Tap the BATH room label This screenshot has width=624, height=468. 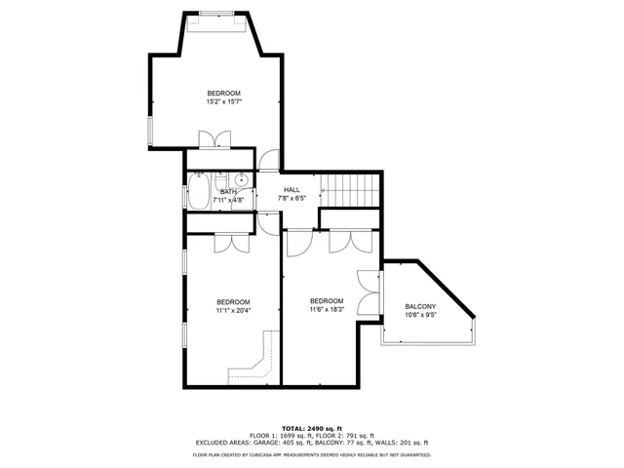tap(228, 192)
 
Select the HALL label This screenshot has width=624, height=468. tap(292, 189)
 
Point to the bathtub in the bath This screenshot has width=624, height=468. tap(198, 191)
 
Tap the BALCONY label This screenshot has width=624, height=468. tap(421, 306)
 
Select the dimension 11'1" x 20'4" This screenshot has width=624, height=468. tap(233, 311)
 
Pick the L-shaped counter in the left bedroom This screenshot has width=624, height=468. tap(254, 363)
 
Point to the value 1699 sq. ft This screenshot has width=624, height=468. tap(290, 435)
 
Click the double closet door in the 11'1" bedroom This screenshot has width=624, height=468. tap(226, 244)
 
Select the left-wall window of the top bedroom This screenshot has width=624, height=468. tap(149, 133)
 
